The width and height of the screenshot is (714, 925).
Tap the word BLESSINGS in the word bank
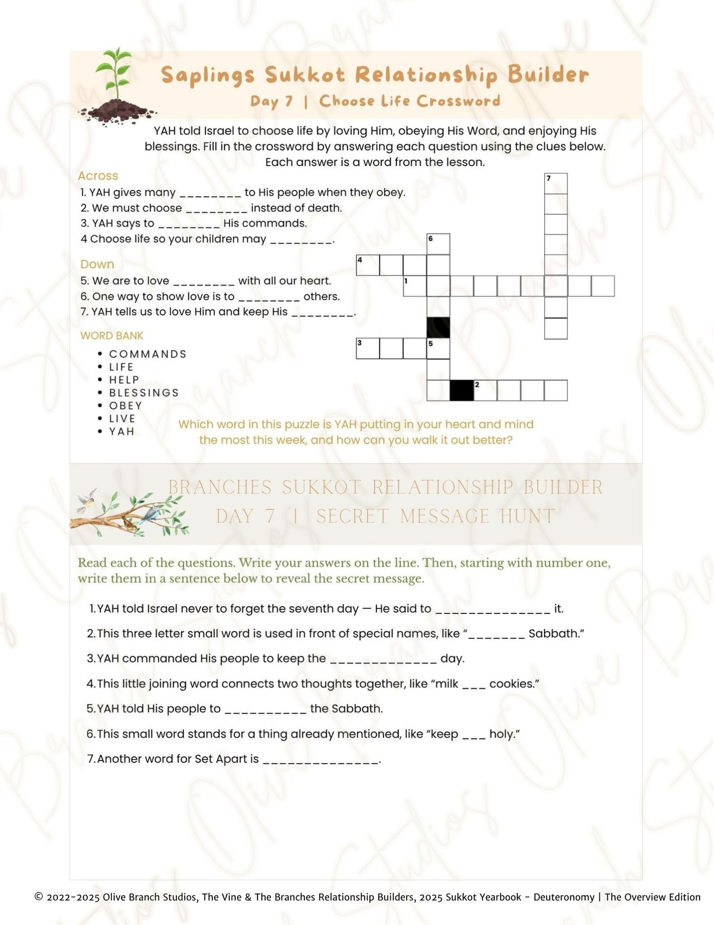(x=144, y=393)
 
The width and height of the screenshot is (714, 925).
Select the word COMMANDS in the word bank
(x=148, y=354)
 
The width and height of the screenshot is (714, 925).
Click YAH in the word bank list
(x=122, y=431)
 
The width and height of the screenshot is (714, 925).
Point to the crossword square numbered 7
(x=555, y=183)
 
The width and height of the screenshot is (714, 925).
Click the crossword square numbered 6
(x=438, y=244)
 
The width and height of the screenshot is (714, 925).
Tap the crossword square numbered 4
(x=368, y=265)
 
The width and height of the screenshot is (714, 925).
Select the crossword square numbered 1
(x=415, y=286)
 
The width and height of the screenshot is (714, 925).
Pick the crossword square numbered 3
(x=368, y=348)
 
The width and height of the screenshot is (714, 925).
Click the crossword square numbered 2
(x=485, y=390)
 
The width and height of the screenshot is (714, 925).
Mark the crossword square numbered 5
(x=438, y=348)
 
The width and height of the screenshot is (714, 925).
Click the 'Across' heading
(x=98, y=176)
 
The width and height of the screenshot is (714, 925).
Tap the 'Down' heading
(x=97, y=264)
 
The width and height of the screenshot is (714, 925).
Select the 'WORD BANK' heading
(x=112, y=336)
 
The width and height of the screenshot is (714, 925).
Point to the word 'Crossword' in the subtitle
(x=459, y=101)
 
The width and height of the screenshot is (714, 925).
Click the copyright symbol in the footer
(x=39, y=897)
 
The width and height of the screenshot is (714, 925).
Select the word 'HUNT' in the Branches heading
(x=527, y=516)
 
